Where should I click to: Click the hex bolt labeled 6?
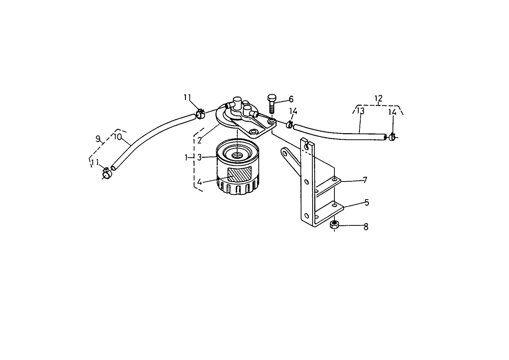(x=271, y=104)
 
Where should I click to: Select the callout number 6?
(x=291, y=99)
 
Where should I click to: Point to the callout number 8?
(x=366, y=227)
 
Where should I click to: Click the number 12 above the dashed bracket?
(x=379, y=98)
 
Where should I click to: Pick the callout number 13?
(x=360, y=111)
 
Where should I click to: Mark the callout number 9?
(x=98, y=139)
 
